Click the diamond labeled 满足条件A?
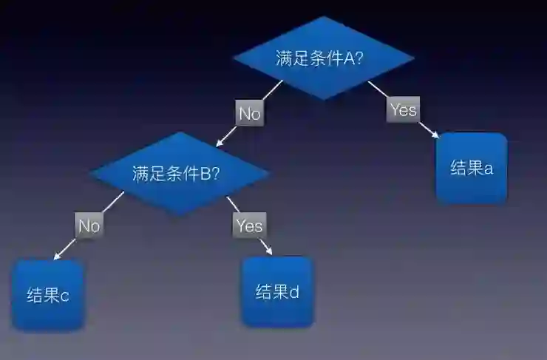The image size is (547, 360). coord(323,58)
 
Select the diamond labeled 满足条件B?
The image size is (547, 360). coord(180,174)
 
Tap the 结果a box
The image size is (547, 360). coord(472,168)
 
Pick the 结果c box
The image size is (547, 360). coord(49,296)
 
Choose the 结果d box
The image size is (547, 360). coord(278,291)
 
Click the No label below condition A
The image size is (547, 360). coord(250,114)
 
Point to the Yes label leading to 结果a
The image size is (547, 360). coord(404,110)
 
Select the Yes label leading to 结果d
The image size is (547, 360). coord(249,225)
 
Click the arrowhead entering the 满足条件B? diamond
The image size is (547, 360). coord(219,143)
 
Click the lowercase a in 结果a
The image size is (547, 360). coord(489,169)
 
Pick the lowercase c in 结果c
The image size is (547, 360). coord(65,296)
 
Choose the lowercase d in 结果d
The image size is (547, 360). coord(294,291)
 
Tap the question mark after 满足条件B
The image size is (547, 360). coord(216,174)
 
